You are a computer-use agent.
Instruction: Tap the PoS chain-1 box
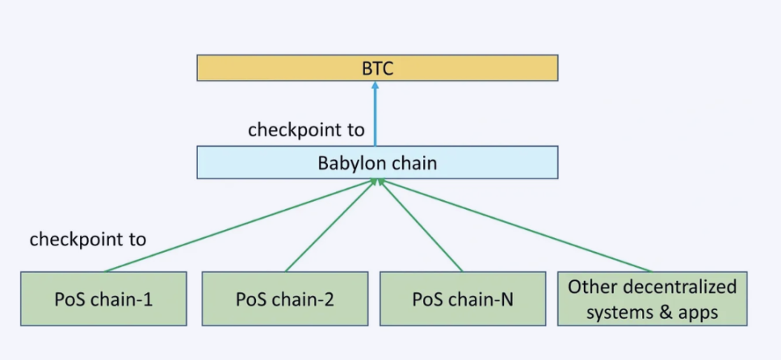pyautogui.click(x=103, y=299)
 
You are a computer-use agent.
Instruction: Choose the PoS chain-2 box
pyautogui.click(x=284, y=299)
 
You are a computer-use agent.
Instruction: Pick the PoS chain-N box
pyautogui.click(x=462, y=299)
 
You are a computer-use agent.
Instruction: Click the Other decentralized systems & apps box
pyautogui.click(x=652, y=299)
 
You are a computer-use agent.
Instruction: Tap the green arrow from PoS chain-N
pyautogui.click(x=421, y=227)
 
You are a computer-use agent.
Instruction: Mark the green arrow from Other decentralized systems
pyautogui.click(x=517, y=227)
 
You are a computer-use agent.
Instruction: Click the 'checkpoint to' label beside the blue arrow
pyautogui.click(x=306, y=129)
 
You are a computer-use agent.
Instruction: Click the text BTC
pyautogui.click(x=377, y=68)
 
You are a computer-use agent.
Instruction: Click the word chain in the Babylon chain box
pyautogui.click(x=414, y=163)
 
